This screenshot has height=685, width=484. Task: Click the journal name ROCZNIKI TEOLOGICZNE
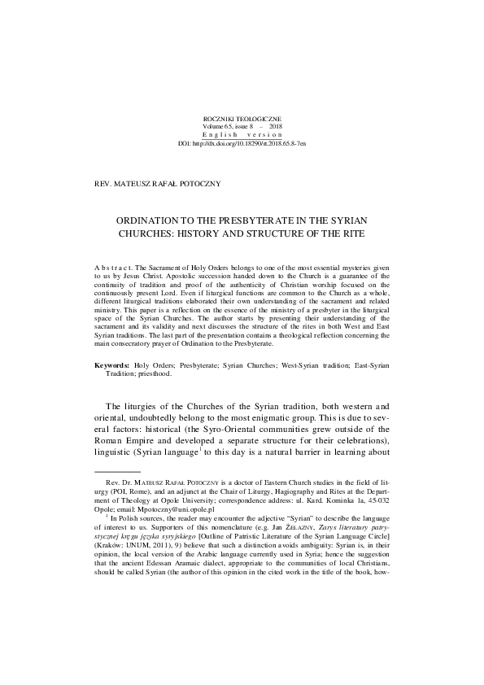[242, 120]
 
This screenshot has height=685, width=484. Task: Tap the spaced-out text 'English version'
[242, 135]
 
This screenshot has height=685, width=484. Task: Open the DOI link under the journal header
[242, 142]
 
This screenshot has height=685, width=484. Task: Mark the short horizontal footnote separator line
[118, 471]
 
